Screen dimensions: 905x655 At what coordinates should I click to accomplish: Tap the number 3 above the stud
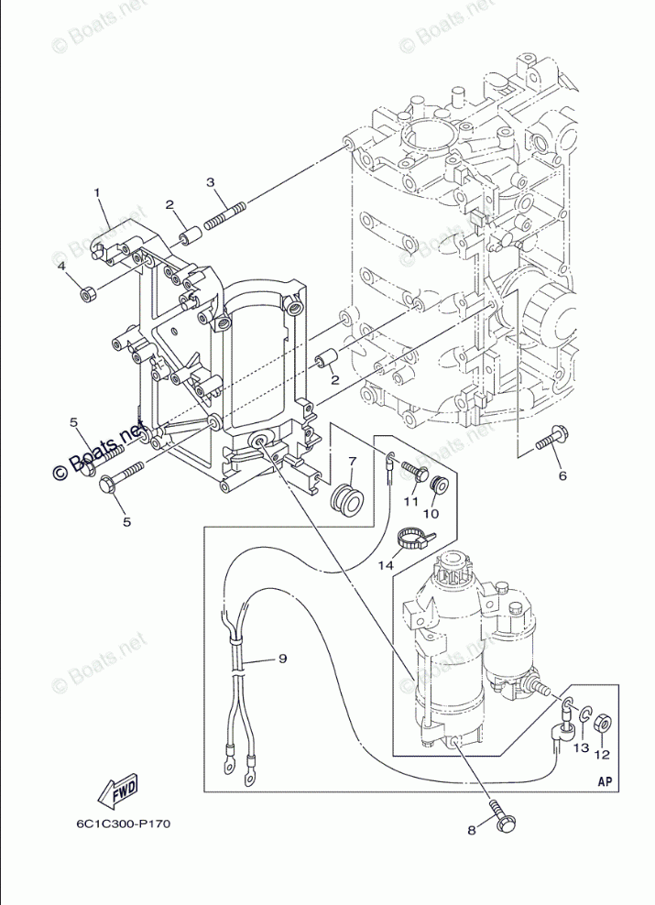click(211, 182)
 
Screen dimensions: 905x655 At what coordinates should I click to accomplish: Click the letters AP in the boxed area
click(604, 781)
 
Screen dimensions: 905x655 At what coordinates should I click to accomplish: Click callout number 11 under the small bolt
click(410, 501)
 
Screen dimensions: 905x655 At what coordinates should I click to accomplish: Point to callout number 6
click(562, 475)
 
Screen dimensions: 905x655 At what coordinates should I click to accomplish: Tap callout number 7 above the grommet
click(351, 461)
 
